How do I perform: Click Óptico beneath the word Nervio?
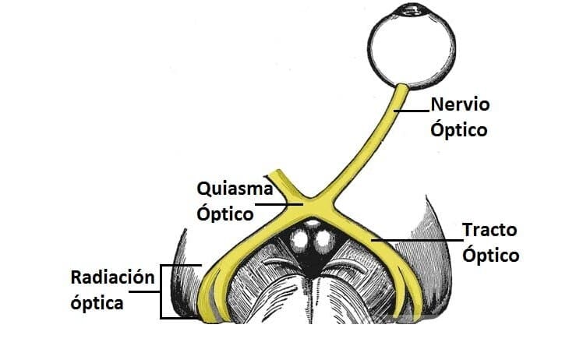point(459,129)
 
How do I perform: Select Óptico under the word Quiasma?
point(226,213)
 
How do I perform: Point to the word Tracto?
point(489,231)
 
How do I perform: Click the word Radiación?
point(111,277)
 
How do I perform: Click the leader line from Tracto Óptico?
point(421,242)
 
